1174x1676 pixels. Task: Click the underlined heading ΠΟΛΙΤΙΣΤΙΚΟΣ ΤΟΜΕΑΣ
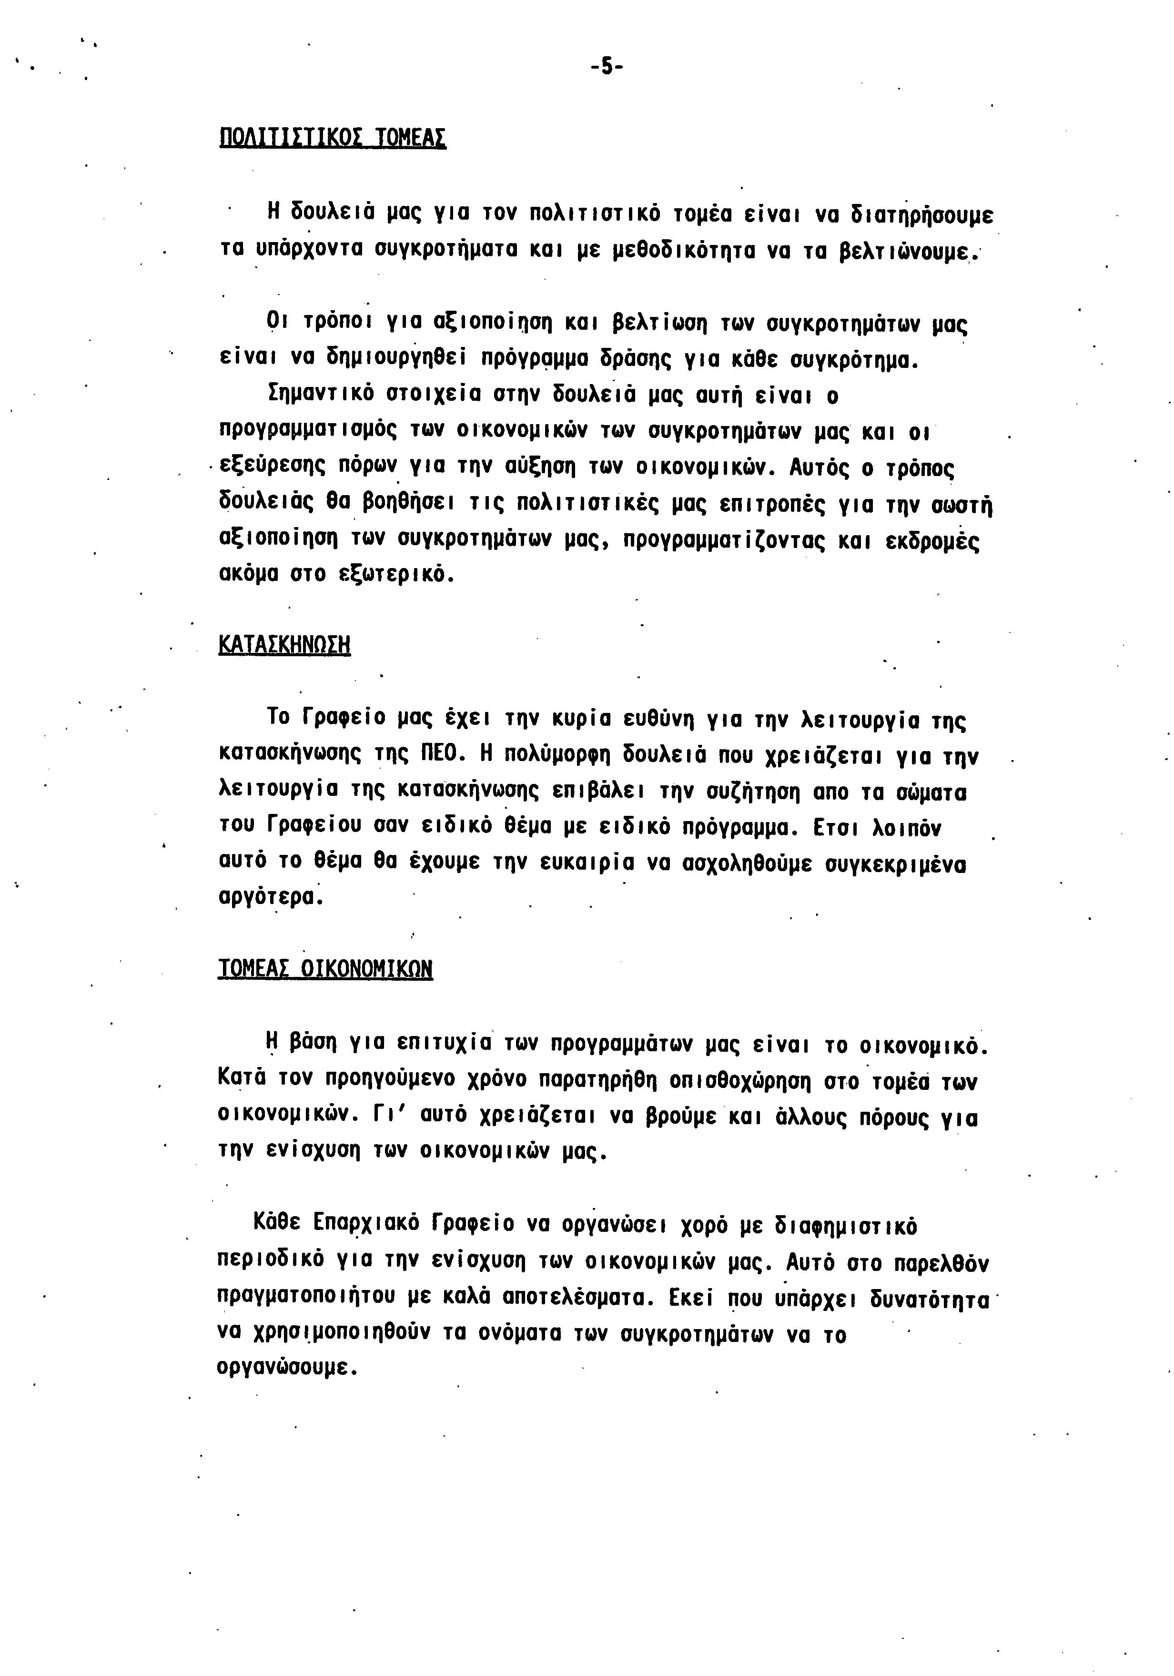[333, 137]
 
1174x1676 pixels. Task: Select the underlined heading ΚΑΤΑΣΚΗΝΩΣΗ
[284, 645]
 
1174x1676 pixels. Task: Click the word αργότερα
[270, 897]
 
